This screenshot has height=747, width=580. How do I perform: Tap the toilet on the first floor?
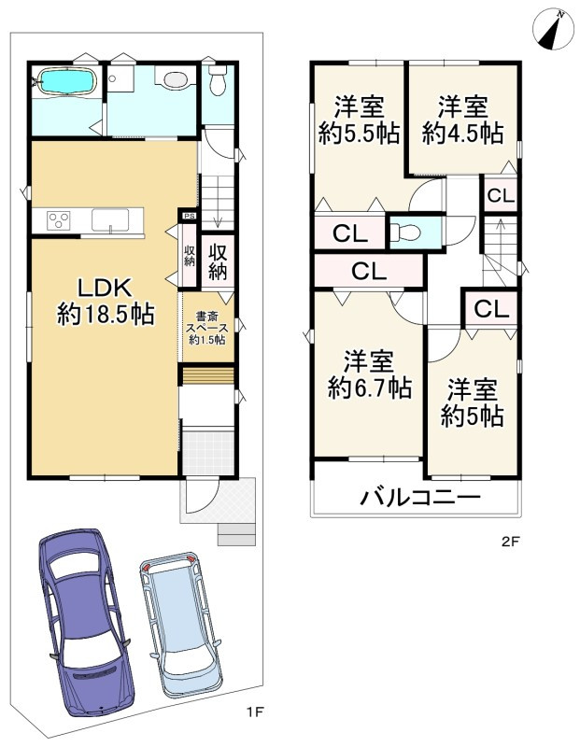[218, 79]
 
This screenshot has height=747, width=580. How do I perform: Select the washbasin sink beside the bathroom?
[175, 78]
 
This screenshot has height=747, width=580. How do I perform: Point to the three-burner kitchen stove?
[59, 220]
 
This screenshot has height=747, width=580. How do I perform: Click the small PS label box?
[190, 216]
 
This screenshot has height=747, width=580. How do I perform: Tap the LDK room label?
[105, 302]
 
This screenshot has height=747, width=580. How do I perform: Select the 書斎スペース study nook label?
[207, 328]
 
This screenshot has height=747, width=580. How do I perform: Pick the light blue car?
[182, 625]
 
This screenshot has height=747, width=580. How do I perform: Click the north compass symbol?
[553, 30]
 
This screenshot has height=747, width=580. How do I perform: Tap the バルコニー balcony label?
[420, 498]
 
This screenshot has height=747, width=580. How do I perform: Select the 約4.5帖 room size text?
[462, 134]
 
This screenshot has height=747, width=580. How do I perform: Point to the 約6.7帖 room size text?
[370, 388]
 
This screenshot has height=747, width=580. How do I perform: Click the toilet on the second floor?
[405, 233]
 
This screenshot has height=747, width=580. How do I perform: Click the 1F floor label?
[255, 712]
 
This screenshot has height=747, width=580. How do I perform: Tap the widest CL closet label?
[369, 272]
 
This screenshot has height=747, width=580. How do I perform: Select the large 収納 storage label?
[218, 262]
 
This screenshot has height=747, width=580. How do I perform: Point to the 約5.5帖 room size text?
[359, 134]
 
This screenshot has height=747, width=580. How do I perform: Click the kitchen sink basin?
[110, 220]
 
